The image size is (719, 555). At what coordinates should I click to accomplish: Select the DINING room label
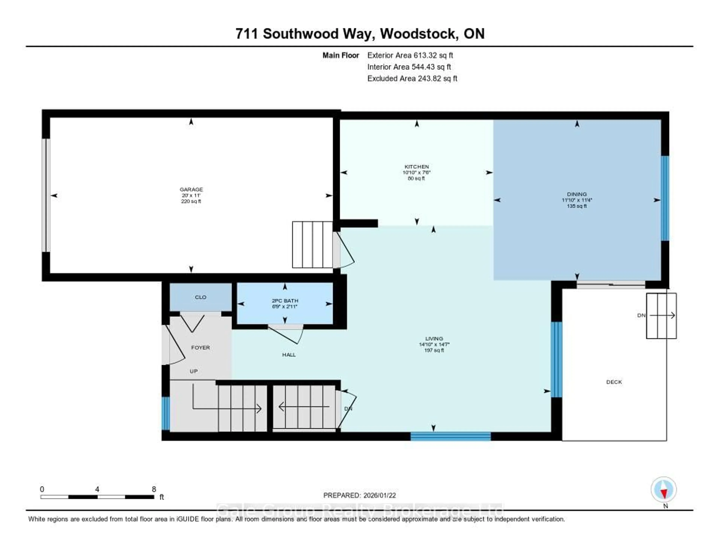click(577, 194)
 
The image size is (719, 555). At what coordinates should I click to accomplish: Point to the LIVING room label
click(434, 339)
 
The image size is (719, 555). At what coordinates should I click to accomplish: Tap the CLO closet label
click(201, 297)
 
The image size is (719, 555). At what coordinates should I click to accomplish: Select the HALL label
click(289, 355)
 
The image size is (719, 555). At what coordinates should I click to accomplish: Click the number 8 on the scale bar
click(154, 489)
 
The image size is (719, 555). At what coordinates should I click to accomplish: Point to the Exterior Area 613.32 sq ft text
click(410, 55)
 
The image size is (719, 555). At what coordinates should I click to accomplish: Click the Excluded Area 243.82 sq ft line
click(412, 78)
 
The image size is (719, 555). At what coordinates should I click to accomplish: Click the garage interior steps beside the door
click(312, 244)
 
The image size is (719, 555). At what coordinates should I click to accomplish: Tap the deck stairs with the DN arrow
click(661, 315)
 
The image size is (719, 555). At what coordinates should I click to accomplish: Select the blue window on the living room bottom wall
click(450, 436)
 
